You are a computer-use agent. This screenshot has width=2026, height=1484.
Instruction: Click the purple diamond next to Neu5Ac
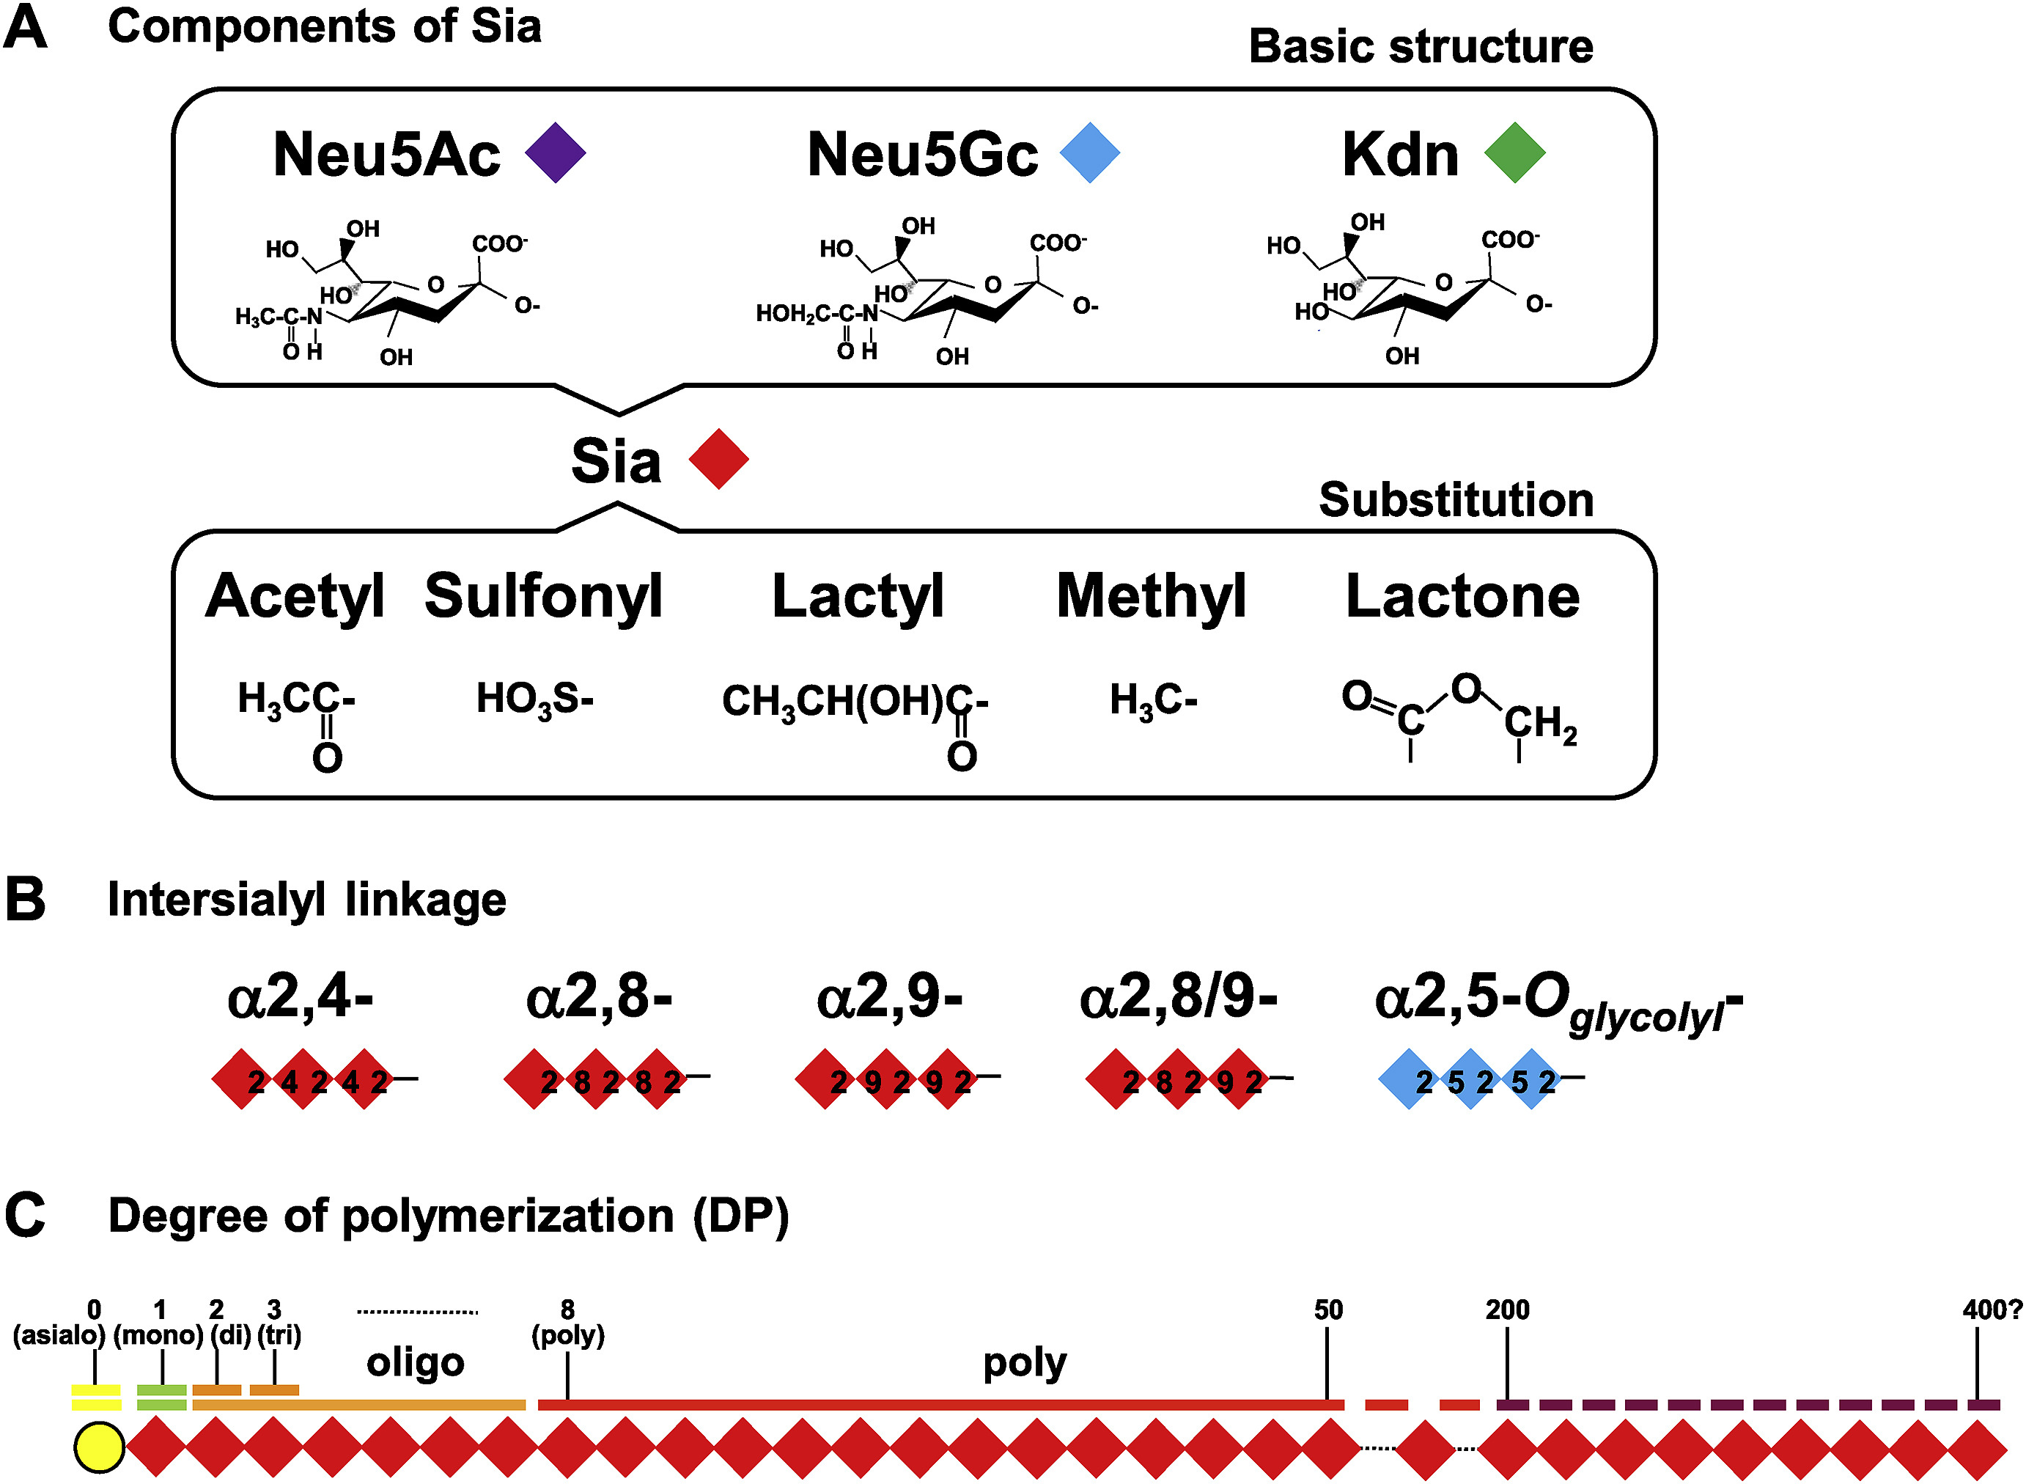coord(555,153)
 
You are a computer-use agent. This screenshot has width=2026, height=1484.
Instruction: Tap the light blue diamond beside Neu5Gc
coord(1089,153)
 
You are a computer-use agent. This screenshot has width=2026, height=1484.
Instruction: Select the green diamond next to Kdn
coord(1514,153)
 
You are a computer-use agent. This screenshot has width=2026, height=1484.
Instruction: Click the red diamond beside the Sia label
coord(718,459)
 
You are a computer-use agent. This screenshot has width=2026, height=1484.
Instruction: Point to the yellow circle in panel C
coord(99,1448)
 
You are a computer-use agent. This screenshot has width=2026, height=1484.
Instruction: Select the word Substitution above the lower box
coord(1456,499)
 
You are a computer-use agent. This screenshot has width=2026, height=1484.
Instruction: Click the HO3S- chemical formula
coord(534,699)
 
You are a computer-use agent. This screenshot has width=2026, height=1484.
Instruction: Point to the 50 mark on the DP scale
coord(1327,1309)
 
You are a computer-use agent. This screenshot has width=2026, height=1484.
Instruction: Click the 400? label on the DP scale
coord(1992,1309)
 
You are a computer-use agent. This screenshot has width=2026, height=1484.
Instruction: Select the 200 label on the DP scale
coord(1507,1309)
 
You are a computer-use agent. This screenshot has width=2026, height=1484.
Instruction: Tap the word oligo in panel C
coord(415,1362)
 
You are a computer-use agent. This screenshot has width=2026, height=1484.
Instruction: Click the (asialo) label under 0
coord(59,1335)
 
